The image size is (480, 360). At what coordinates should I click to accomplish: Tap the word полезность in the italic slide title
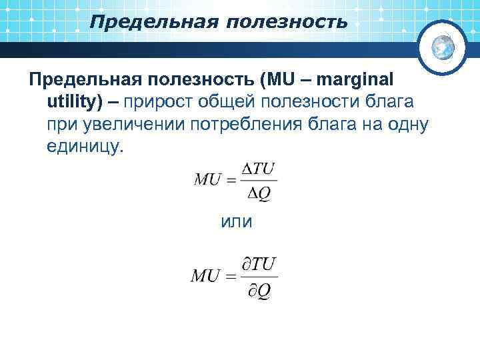click(287, 23)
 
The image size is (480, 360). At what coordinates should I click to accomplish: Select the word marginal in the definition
click(356, 80)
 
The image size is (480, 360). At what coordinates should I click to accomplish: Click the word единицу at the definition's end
click(85, 146)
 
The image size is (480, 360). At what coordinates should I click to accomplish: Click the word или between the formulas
click(235, 221)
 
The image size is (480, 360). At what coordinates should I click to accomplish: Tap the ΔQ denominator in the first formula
click(259, 193)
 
